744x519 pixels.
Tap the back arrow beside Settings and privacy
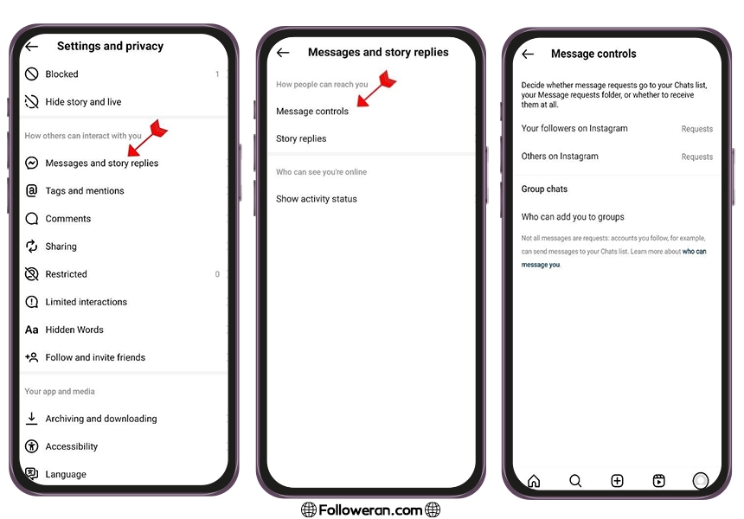coord(32,46)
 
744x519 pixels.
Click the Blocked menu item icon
coord(32,74)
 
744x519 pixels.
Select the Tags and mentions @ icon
coord(31,190)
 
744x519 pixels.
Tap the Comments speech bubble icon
coord(32,219)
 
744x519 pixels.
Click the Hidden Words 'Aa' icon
coord(32,330)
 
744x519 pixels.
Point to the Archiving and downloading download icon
coord(32,419)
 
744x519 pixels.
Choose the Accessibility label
coord(72,446)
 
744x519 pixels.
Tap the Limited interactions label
coord(87,302)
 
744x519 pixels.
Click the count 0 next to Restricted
coord(217,274)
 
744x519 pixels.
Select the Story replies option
coord(301,138)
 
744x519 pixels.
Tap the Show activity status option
coord(317,199)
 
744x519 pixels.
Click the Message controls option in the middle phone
coord(312,111)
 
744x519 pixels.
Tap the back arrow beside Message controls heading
coord(528,54)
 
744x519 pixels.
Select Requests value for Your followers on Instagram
coord(697,129)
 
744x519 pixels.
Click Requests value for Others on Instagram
coord(697,157)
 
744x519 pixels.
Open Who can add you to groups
coord(573,217)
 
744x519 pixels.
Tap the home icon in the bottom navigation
coord(534,481)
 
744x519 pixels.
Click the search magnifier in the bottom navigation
coord(575,481)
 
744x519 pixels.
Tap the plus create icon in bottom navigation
coord(617,481)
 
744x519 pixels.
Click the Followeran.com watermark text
coord(370,510)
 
